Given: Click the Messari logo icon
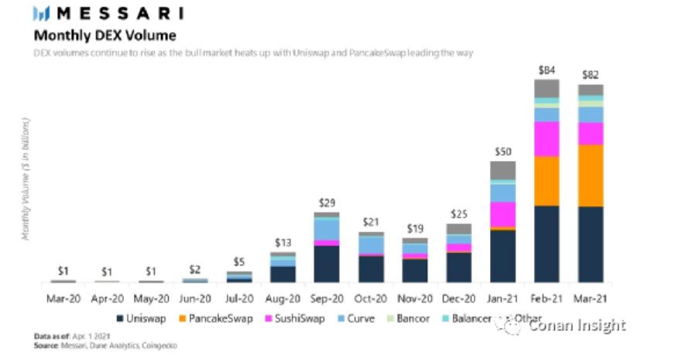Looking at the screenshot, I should [41, 14].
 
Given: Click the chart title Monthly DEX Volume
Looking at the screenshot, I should [104, 36].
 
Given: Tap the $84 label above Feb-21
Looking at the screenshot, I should [547, 71].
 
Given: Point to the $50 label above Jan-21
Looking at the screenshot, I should [503, 152].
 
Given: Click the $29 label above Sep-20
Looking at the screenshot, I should [327, 203].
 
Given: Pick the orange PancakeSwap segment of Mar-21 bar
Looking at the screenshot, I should [591, 176].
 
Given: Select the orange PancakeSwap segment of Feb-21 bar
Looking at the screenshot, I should [547, 180].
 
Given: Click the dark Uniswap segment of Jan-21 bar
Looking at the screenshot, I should [503, 255].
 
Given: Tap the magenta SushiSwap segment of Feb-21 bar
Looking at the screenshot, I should [547, 139].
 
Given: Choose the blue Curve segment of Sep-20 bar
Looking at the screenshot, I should [327, 229].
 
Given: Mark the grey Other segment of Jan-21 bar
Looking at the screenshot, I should [503, 170].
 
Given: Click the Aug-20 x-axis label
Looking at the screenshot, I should [283, 298].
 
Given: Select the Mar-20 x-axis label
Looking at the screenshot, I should [63, 298].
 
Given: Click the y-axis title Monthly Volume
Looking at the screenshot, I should [27, 178].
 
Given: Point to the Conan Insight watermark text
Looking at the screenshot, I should [577, 326].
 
